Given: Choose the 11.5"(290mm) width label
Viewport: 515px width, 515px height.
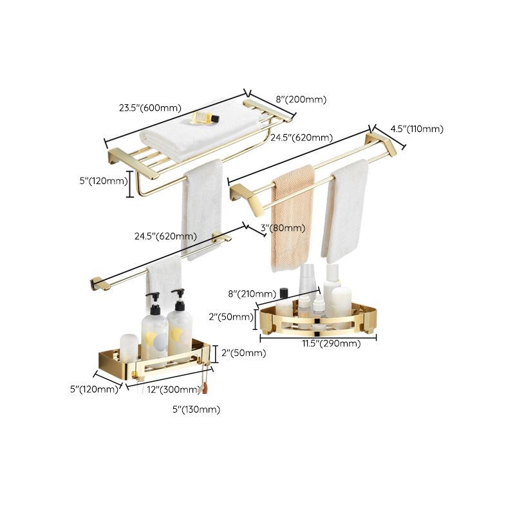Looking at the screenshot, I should point(332,344).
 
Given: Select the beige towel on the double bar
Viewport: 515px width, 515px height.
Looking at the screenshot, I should point(292,212).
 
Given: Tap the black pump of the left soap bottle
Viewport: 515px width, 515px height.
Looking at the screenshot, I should point(153,299).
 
